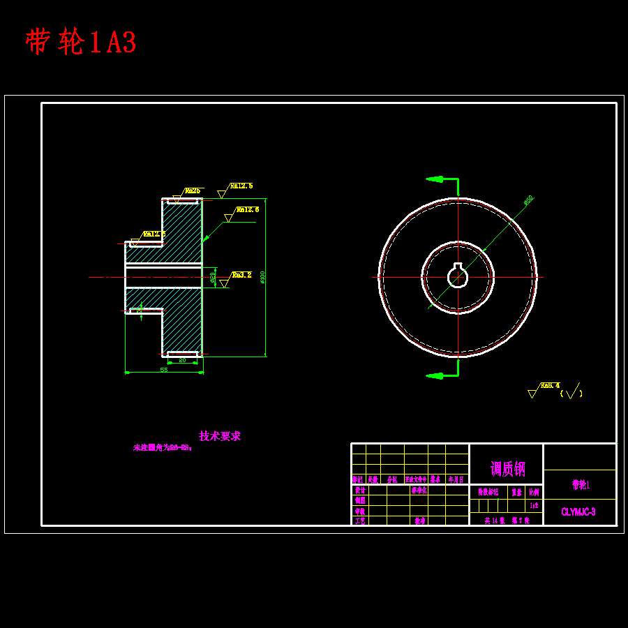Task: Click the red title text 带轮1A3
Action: pos(81,43)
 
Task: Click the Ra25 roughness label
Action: pos(193,190)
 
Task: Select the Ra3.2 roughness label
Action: pos(241,275)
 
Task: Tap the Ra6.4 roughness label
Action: pos(550,385)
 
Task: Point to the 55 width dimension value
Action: pos(164,370)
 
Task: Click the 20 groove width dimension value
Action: pos(183,361)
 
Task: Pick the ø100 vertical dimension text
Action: pos(262,277)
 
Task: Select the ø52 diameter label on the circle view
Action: pos(528,200)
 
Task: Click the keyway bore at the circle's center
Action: pos(458,276)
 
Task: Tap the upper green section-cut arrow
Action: pos(435,179)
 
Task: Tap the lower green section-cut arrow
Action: pos(435,376)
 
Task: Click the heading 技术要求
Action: pos(220,436)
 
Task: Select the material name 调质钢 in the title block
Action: pos(507,468)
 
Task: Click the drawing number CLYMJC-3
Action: pos(578,512)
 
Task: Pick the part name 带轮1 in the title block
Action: pos(581,484)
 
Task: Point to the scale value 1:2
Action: pos(534,505)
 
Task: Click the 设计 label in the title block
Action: pos(359,490)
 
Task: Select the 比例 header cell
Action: pos(534,492)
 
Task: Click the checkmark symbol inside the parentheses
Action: pos(572,391)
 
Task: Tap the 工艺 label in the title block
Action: pos(359,521)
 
